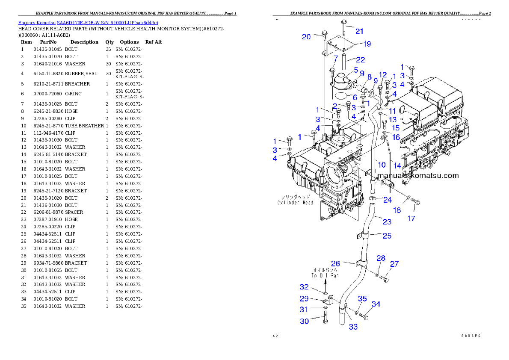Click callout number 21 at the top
pos(359,31)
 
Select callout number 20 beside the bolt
pos(306,37)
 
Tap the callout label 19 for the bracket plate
pos(367,44)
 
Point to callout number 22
pos(360,59)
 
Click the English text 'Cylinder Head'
pos(295,203)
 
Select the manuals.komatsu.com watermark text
pos(418,176)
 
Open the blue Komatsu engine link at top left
pos(88,22)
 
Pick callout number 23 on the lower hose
pos(387,221)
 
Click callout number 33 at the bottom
pos(353,327)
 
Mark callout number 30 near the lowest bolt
pos(304,321)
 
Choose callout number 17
pos(411,218)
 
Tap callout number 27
pos(394,264)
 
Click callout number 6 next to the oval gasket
pos(355,97)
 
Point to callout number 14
pos(397,165)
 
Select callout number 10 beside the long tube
pos(382,164)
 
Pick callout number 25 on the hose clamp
pos(387,236)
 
